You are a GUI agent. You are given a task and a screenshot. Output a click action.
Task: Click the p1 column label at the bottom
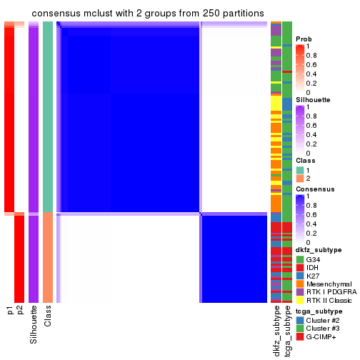point(10,311)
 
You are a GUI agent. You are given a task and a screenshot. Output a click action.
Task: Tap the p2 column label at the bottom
point(20,311)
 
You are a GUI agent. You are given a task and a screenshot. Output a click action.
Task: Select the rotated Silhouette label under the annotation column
point(34,324)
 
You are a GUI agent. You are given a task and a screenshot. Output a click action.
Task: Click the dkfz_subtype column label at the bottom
point(276,331)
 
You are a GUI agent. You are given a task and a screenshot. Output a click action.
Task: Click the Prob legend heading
point(304,39)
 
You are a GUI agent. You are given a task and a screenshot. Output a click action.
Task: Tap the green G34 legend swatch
point(300,259)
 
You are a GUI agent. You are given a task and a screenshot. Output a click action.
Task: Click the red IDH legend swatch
point(300,267)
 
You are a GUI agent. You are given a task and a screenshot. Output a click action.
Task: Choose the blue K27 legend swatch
point(300,276)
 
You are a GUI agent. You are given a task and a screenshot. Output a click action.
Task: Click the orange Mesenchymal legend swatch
point(300,284)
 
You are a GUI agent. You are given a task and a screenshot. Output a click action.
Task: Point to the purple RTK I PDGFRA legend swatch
point(300,293)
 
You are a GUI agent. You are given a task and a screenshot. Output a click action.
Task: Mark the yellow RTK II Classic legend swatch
point(300,301)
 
